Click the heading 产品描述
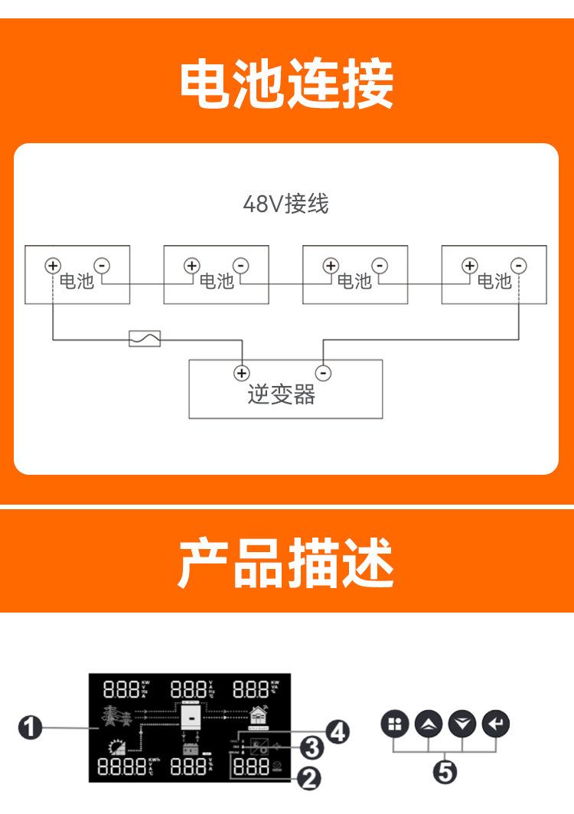tap(286, 563)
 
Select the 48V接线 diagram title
tap(285, 204)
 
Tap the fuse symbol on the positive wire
tap(144, 338)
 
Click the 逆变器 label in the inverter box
tap(282, 394)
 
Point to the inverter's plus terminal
tap(241, 373)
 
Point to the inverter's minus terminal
tap(324, 373)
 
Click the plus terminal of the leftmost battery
tap(52, 266)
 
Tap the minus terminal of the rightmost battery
tap(519, 266)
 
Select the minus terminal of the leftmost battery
tap(102, 266)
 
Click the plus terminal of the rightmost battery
tap(469, 266)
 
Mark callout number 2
tap(308, 779)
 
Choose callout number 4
tap(337, 731)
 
